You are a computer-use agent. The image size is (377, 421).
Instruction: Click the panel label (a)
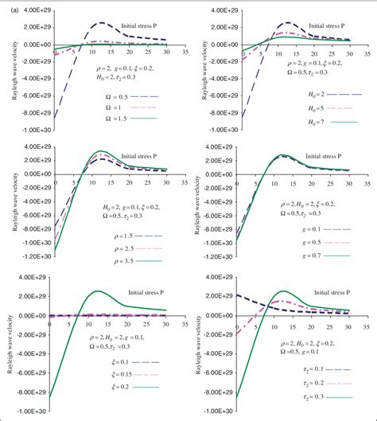coord(8,6)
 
